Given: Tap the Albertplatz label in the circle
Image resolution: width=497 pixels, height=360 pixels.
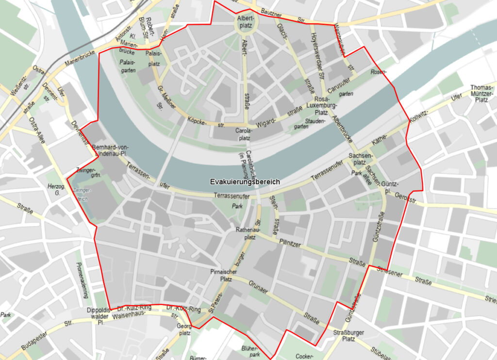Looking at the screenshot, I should pos(245,22).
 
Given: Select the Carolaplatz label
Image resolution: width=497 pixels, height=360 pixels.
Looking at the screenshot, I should pos(244,134).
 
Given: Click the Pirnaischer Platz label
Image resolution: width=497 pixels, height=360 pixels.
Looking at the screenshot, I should pos(223,276).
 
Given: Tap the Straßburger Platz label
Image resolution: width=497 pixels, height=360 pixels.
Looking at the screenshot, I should pos(349,336).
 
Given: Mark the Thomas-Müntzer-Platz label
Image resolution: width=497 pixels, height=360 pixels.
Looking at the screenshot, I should pos(482,94).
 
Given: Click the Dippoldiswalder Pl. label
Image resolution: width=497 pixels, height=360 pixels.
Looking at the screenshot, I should pos(99,316).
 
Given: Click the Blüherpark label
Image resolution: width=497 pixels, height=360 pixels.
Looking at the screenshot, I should pos(252,352).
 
